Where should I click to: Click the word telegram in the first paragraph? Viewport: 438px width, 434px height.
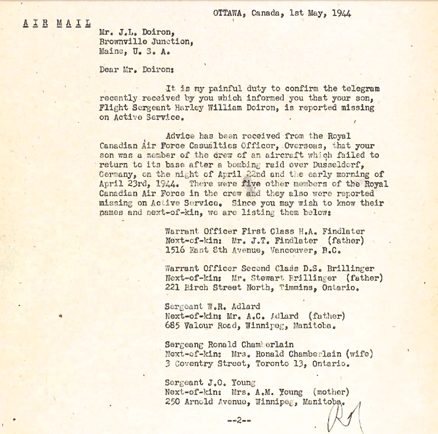tap(362, 89)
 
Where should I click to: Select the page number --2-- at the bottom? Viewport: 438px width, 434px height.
tap(239, 420)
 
